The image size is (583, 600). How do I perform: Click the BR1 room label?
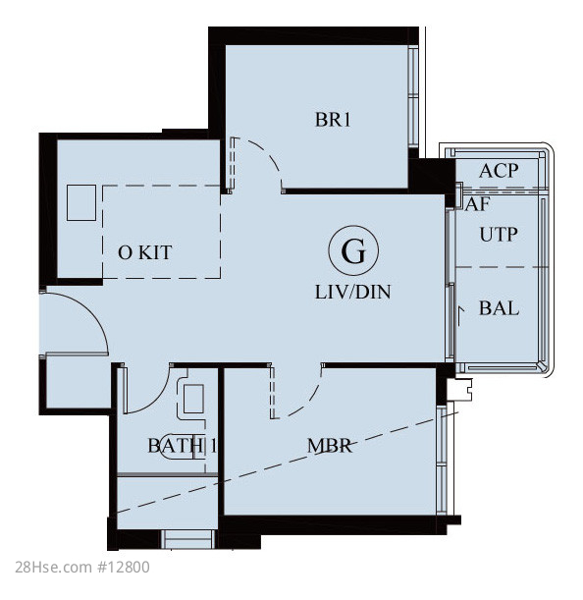point(333,120)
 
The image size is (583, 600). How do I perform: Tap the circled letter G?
point(353,250)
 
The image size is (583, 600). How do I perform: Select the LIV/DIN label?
point(352,292)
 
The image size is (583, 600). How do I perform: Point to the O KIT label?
point(145,252)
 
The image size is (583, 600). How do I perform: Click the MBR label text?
point(330,446)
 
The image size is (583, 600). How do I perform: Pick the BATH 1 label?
point(183,446)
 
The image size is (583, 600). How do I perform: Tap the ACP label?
point(499,171)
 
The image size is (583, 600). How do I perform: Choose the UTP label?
point(499,234)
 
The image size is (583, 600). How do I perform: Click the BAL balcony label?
point(499,308)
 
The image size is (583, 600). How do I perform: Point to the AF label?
point(477,204)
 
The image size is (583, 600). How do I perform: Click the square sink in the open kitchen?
point(81,203)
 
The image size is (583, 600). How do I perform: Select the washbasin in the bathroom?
point(193,399)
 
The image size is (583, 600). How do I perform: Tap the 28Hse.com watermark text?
point(54,567)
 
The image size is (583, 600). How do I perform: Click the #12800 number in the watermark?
point(124,567)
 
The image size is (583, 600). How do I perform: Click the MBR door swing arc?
point(310,400)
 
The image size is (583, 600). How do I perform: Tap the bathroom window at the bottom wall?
point(187,539)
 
